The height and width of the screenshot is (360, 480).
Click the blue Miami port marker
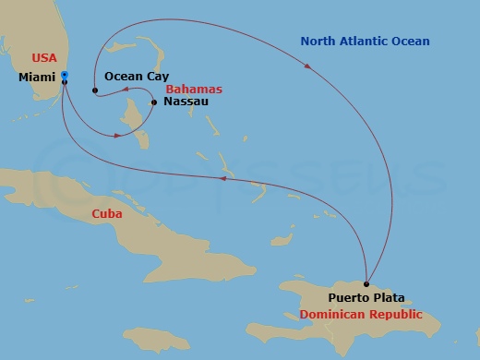click(x=64, y=76)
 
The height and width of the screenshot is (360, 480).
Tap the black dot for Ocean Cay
click(x=95, y=90)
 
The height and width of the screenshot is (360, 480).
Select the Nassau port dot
click(x=153, y=102)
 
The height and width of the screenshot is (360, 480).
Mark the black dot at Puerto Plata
click(x=366, y=284)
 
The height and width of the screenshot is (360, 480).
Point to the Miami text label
click(x=36, y=78)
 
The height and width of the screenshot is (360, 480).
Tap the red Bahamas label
click(x=196, y=89)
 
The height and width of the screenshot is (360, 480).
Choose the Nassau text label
click(x=186, y=102)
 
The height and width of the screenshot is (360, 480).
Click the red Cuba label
click(x=106, y=214)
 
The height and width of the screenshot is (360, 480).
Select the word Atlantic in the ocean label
click(x=367, y=42)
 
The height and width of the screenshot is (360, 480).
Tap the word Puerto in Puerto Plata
click(x=349, y=299)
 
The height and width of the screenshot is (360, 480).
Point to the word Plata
click(x=389, y=299)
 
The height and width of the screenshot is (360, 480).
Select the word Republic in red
click(x=395, y=315)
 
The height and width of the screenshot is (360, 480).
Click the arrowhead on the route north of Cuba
click(x=222, y=180)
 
